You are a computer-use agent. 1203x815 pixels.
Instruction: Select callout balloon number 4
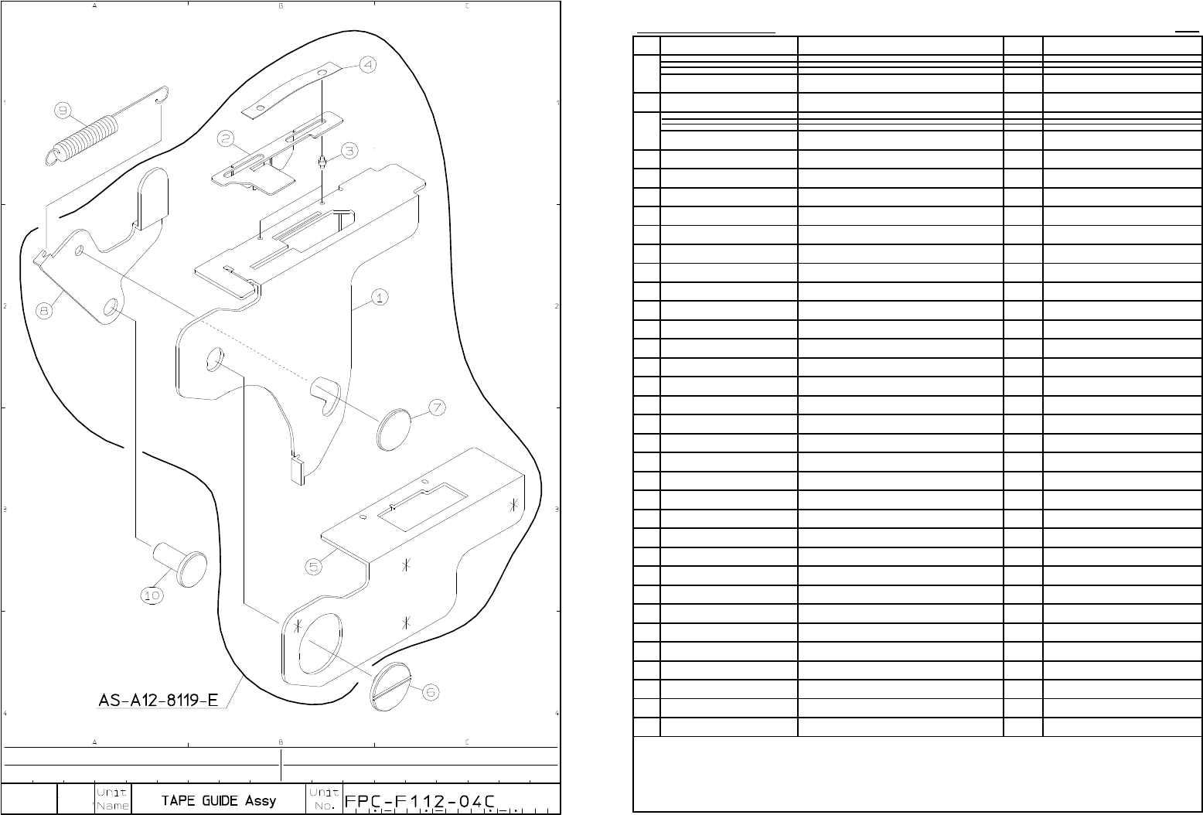[367, 64]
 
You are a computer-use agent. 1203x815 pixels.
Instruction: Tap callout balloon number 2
[225, 138]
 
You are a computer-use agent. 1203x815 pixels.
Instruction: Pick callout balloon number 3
[349, 150]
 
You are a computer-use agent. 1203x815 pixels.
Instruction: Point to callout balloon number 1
[379, 297]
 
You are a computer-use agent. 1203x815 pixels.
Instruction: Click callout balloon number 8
[45, 310]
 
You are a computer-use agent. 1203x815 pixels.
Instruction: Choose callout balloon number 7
[437, 407]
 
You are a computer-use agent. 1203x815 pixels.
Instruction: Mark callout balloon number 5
[313, 567]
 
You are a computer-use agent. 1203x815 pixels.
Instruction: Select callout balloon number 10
[152, 595]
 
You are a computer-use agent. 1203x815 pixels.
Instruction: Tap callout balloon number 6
[431, 693]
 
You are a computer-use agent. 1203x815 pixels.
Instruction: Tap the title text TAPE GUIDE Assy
[218, 800]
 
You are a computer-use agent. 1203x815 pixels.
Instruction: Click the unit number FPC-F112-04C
[420, 801]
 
